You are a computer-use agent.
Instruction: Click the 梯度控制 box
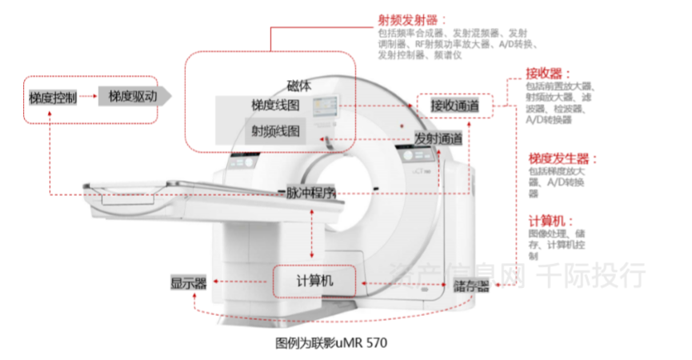tap(53, 98)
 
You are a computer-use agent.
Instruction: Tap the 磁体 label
tap(300, 86)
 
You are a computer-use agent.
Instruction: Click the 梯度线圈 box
tap(275, 106)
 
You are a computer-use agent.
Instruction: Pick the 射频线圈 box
tap(276, 130)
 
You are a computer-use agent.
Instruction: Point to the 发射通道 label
tap(438, 138)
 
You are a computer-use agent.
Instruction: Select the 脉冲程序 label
tap(308, 193)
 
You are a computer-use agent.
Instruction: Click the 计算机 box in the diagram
tap(314, 281)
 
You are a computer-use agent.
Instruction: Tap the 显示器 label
tap(189, 282)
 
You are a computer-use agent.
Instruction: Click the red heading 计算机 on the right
tap(550, 220)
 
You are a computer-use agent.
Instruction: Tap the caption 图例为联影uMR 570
tap(330, 342)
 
